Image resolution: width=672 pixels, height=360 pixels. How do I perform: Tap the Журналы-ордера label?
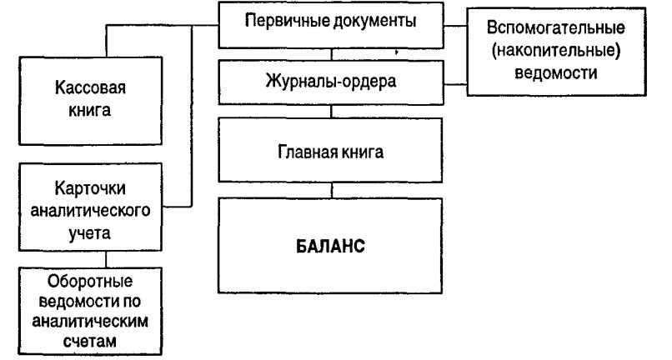(331, 81)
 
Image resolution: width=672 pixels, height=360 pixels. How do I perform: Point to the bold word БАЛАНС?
(330, 247)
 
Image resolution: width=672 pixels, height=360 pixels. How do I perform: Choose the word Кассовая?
(90, 87)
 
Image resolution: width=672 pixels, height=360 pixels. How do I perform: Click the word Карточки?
(90, 188)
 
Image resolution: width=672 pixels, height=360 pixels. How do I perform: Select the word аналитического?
(90, 211)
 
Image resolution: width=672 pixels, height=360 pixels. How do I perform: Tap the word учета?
(90, 233)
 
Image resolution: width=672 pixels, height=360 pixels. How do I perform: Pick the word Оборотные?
(90, 282)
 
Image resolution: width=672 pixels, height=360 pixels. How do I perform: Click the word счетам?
(90, 341)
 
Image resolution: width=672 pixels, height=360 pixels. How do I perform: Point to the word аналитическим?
(90, 322)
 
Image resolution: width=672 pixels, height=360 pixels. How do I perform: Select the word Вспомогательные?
(556, 28)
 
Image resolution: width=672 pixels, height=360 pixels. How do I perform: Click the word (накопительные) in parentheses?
(556, 51)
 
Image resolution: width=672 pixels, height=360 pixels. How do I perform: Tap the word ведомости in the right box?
(556, 72)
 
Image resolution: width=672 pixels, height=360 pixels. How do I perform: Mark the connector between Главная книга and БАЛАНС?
(331, 190)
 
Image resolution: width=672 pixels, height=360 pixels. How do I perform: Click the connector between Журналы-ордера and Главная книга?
(331, 112)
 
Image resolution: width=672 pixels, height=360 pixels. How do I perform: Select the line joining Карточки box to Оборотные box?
(106, 259)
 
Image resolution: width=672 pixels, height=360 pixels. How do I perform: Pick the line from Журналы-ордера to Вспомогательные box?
(455, 84)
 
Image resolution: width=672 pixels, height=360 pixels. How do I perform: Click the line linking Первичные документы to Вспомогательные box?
(455, 26)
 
